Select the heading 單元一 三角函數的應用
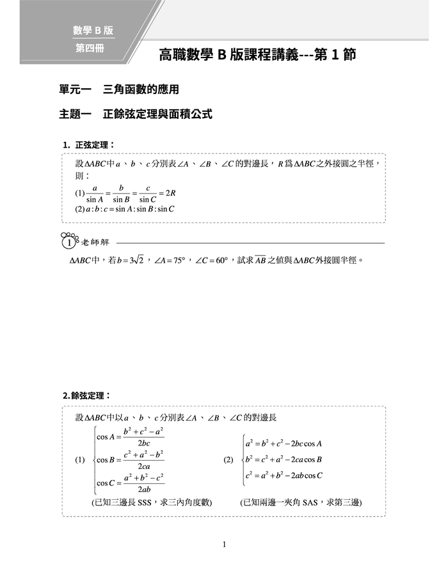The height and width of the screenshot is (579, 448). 115,91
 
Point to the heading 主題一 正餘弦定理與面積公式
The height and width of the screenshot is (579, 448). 135,115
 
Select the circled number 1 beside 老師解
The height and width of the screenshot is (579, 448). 68,243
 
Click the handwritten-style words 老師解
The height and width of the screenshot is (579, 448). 96,243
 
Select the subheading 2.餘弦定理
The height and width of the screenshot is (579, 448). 87,396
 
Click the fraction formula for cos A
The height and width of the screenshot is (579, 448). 131,438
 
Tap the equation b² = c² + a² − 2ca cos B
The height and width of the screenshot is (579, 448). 284,459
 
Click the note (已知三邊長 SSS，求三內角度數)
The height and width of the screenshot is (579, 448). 152,503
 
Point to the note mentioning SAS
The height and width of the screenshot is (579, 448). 301,503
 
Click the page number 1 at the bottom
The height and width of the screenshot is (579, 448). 224,544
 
